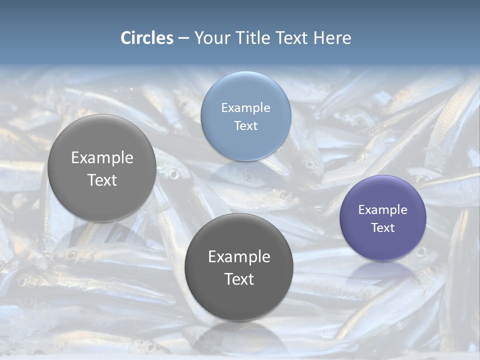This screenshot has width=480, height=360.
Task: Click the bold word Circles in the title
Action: pyautogui.click(x=147, y=38)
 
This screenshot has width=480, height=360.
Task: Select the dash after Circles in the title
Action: pyautogui.click(x=183, y=38)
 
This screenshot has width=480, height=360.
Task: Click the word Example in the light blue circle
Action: pyautogui.click(x=245, y=107)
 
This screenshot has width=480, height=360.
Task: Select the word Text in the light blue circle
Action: pyautogui.click(x=245, y=125)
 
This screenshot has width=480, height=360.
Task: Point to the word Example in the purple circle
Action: pyautogui.click(x=383, y=210)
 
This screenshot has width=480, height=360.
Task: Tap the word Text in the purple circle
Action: pyautogui.click(x=383, y=228)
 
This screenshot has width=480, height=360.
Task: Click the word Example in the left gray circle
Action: pyautogui.click(x=102, y=157)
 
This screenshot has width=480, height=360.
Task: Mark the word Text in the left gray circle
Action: pyautogui.click(x=102, y=180)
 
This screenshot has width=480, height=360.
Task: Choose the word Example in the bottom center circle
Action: pyautogui.click(x=239, y=256)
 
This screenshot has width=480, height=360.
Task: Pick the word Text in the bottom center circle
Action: pyautogui.click(x=239, y=279)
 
